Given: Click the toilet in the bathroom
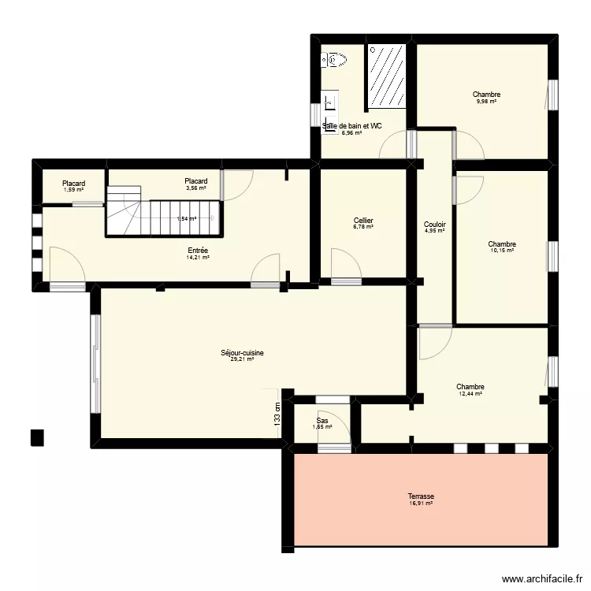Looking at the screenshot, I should pyautogui.click(x=334, y=58).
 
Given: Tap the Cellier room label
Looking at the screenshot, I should pyautogui.click(x=363, y=221).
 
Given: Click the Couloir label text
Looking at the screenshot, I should pyautogui.click(x=435, y=224).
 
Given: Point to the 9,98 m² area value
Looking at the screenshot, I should pyautogui.click(x=486, y=102).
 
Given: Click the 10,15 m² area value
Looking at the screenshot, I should pyautogui.click(x=502, y=251).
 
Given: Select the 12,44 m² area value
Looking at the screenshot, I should pyautogui.click(x=470, y=394).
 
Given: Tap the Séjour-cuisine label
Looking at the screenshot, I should pyautogui.click(x=242, y=353).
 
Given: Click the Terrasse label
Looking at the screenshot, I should pyautogui.click(x=421, y=496).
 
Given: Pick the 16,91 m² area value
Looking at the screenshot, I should pyautogui.click(x=421, y=504).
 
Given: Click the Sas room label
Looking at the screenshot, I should pyautogui.click(x=322, y=421).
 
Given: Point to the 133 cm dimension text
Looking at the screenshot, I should pyautogui.click(x=277, y=415).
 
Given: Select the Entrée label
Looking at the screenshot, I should pyautogui.click(x=198, y=250).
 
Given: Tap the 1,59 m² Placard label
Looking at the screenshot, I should pyautogui.click(x=73, y=184).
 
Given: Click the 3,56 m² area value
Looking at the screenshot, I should pyautogui.click(x=195, y=188).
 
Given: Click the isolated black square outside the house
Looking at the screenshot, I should pyautogui.click(x=36, y=437).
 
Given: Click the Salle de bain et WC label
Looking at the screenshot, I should pyautogui.click(x=353, y=126).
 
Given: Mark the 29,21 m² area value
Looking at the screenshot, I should pyautogui.click(x=242, y=360).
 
